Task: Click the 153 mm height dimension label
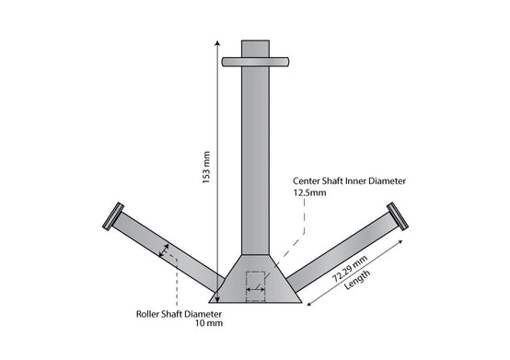206,168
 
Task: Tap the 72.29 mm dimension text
350,269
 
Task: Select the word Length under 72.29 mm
357,279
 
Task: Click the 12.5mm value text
309,192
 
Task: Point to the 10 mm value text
209,323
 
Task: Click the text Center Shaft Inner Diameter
349,180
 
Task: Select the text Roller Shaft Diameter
179,314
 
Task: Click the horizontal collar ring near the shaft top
255,62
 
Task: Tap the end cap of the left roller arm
113,216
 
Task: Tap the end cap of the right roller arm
398,216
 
